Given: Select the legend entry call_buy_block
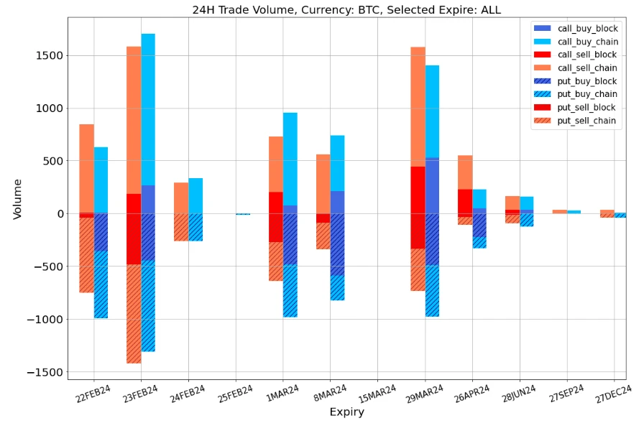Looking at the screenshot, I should click(x=588, y=27).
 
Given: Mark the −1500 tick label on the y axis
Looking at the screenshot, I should click(x=45, y=372).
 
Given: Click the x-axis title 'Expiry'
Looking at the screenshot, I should click(x=346, y=412).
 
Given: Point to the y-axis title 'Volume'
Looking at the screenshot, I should click(x=17, y=199).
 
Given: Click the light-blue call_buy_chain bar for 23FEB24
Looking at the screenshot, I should click(x=148, y=108).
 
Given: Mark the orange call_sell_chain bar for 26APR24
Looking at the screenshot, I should click(x=465, y=172).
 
